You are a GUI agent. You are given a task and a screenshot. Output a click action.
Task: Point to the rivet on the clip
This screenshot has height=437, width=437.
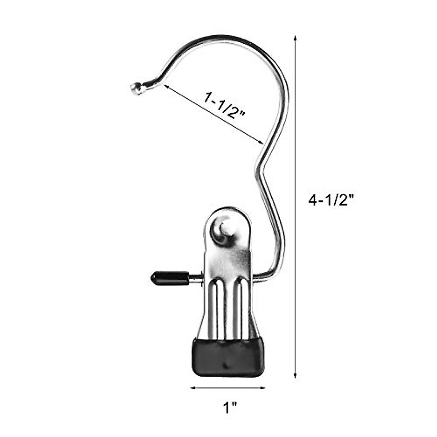click(223, 229)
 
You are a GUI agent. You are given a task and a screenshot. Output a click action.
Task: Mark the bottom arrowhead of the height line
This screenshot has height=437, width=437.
click(295, 378)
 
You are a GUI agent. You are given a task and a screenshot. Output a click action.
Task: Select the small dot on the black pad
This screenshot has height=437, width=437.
click(226, 365)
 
